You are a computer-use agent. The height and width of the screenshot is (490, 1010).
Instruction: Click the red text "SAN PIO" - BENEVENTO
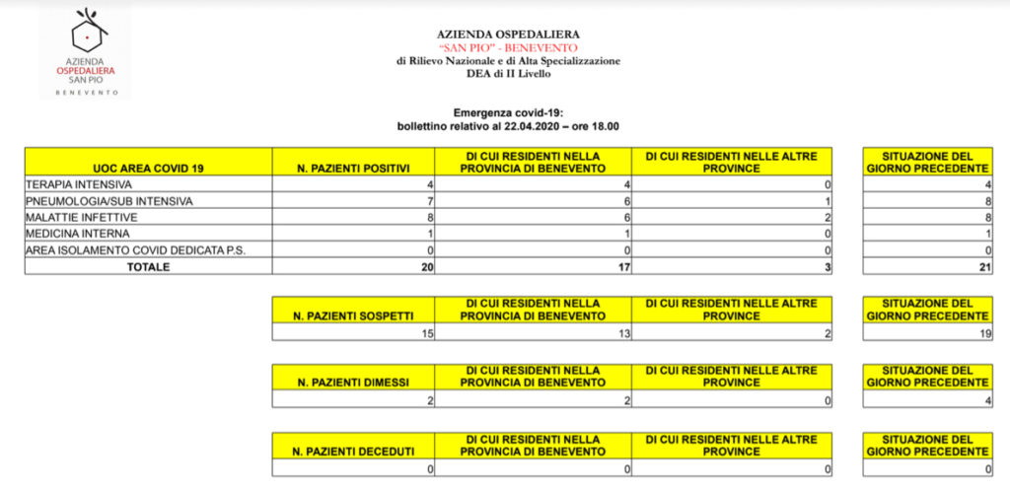click(508, 47)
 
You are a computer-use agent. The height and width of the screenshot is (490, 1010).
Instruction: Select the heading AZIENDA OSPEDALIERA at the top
click(508, 34)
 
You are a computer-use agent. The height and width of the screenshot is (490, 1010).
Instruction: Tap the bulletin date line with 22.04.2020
click(508, 126)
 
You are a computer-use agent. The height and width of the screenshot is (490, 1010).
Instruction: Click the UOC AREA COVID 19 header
click(148, 169)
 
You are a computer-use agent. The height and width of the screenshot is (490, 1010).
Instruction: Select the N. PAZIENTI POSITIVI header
click(353, 169)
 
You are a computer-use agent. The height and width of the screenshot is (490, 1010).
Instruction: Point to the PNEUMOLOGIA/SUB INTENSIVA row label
click(108, 201)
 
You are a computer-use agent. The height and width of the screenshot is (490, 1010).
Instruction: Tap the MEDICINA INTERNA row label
click(77, 234)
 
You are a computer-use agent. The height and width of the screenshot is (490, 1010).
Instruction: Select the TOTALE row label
click(148, 266)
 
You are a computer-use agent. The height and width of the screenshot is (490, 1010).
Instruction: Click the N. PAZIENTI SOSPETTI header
click(353, 315)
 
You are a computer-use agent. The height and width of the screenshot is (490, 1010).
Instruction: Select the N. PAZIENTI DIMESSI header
click(353, 382)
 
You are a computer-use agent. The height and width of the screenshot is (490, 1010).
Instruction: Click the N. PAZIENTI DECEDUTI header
click(353, 452)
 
